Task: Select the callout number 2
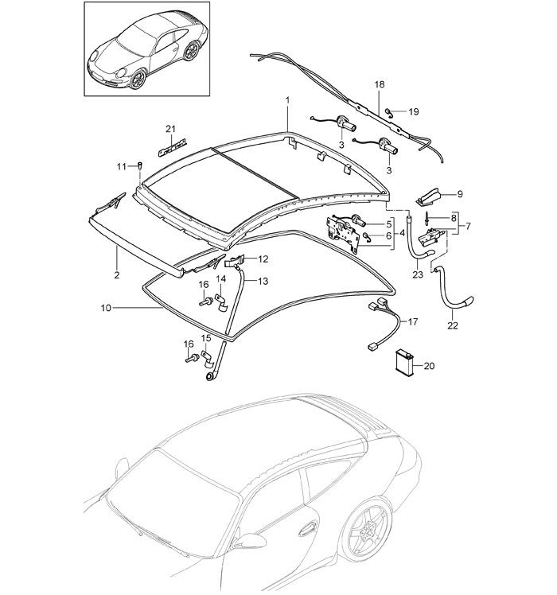tap(116, 274)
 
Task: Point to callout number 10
tap(105, 305)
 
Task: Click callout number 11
tap(122, 165)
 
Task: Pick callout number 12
tap(263, 259)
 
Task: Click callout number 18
tap(379, 84)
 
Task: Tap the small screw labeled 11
tap(139, 165)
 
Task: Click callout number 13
tap(263, 281)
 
